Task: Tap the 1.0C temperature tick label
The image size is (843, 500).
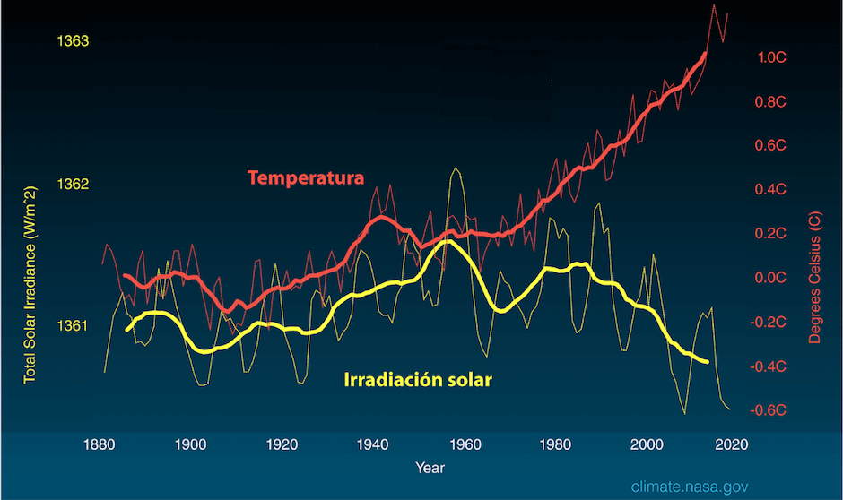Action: click(772, 57)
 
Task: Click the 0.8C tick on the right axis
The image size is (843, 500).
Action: click(772, 101)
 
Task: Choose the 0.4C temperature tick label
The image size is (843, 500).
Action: click(772, 190)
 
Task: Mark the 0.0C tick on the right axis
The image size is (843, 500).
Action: click(772, 278)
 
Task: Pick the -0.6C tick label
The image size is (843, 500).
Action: click(770, 410)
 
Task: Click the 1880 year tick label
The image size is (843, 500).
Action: click(99, 443)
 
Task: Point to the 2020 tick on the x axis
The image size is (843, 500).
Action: click(732, 443)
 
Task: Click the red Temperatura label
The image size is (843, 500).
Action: click(306, 177)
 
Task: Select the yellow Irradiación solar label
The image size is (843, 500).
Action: click(418, 380)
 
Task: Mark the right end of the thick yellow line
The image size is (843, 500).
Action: click(708, 362)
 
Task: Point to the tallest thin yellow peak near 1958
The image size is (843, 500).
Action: click(456, 168)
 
